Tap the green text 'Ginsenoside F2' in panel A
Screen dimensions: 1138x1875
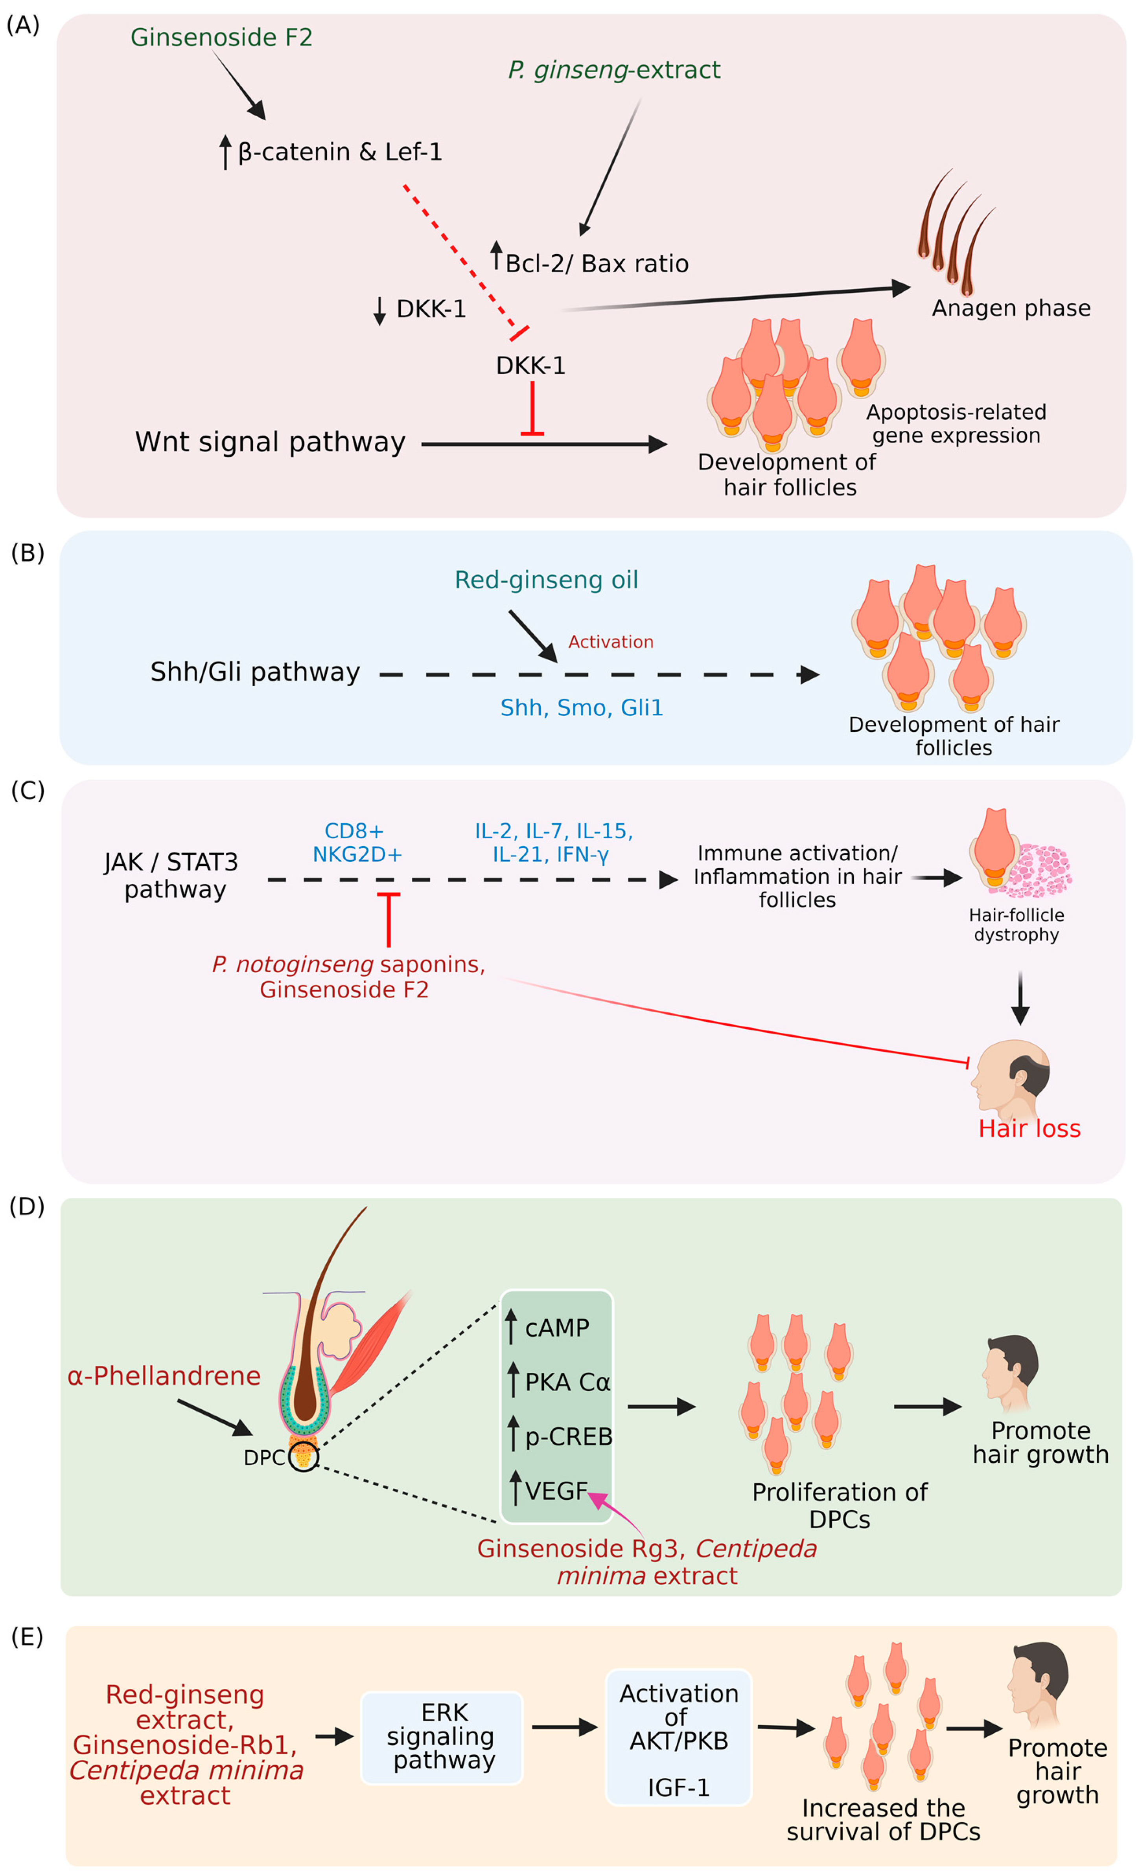pyautogui.click(x=221, y=37)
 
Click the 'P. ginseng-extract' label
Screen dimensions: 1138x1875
pyautogui.click(x=613, y=70)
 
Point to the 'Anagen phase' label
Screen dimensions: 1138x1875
pyautogui.click(x=1011, y=308)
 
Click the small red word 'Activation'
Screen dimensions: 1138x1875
pyautogui.click(x=611, y=641)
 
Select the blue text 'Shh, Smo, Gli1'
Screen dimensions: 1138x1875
pyautogui.click(x=582, y=708)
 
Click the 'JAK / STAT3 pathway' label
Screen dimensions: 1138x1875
pyautogui.click(x=171, y=875)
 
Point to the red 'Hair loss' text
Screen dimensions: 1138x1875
pyautogui.click(x=1029, y=1128)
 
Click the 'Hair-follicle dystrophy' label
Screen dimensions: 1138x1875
pyautogui.click(x=1016, y=925)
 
